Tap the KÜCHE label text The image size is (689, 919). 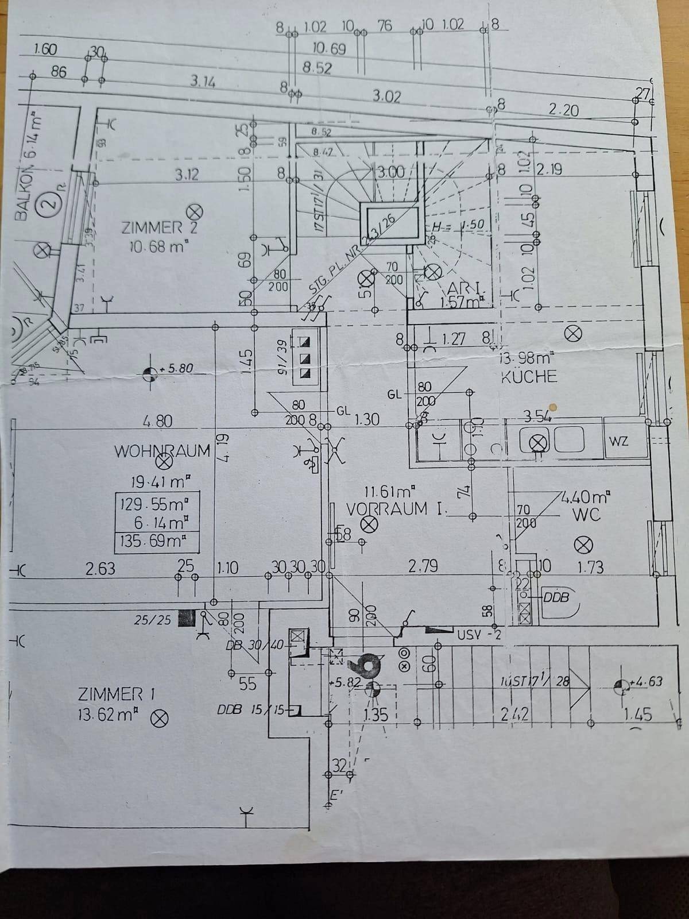[x=529, y=377]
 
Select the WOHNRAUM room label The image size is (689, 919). [x=162, y=451]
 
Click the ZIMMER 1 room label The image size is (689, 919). [x=117, y=694]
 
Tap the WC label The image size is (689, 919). [x=586, y=514]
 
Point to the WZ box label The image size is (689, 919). [x=618, y=441]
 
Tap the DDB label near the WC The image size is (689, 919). [x=556, y=597]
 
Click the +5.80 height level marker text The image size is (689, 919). [x=176, y=368]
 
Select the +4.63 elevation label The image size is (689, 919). [x=645, y=682]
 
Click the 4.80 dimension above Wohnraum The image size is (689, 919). [x=157, y=421]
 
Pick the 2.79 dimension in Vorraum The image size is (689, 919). [x=423, y=566]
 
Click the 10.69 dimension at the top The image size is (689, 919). [x=329, y=49]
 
